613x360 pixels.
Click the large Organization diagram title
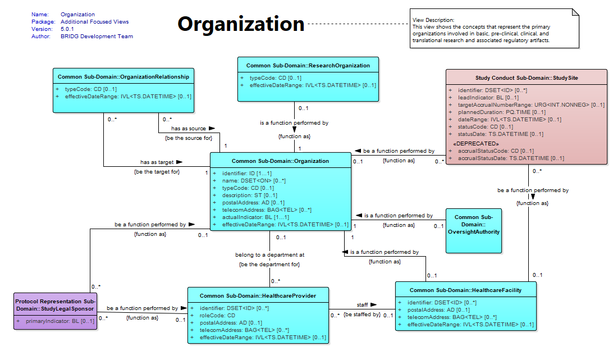[x=241, y=24]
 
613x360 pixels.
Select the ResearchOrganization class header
[x=308, y=65]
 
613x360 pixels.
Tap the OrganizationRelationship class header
[x=123, y=77]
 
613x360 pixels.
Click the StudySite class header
[x=527, y=78]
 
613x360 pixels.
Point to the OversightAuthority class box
[x=474, y=231]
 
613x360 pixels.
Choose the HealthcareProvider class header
[x=258, y=296]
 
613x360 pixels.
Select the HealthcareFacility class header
[x=465, y=290]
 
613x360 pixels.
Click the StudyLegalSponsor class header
[x=55, y=305]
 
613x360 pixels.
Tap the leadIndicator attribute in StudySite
[x=488, y=97]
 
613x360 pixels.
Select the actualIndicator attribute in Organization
[x=255, y=217]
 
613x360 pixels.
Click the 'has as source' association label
[x=189, y=129]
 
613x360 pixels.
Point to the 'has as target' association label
[x=157, y=162]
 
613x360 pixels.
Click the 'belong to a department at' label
[x=270, y=255]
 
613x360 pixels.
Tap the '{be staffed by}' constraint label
[x=362, y=314]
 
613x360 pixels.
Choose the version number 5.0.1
[x=67, y=29]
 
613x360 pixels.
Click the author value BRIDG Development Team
[x=97, y=37]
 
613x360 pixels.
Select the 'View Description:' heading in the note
[x=433, y=20]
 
